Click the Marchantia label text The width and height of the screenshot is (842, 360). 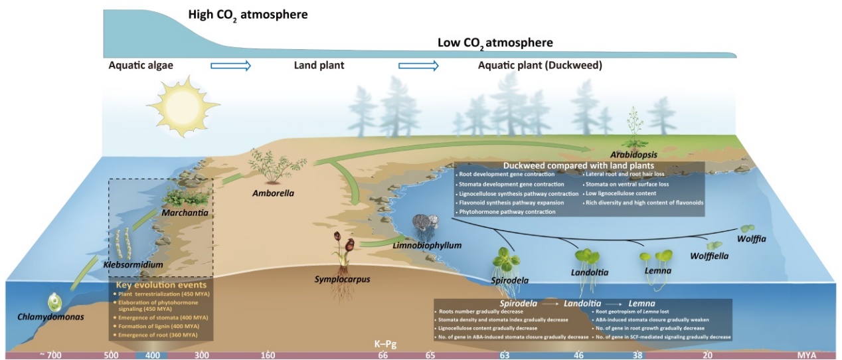coord(185,213)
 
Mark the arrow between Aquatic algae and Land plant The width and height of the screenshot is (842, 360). coord(230,65)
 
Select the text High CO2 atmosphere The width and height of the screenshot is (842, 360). coord(248,14)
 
